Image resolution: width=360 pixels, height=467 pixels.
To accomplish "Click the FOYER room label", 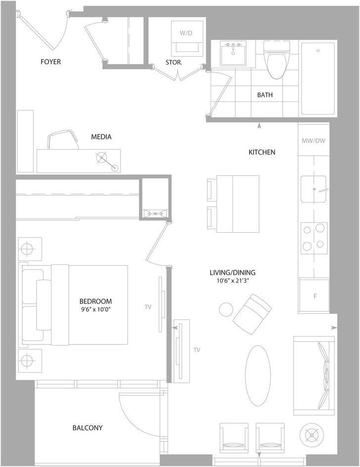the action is (50, 62).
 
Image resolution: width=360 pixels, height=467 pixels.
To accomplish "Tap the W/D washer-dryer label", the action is (186, 33).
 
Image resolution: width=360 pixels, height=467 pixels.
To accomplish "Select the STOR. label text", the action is (174, 63).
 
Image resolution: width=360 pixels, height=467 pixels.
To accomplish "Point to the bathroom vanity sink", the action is (233, 53).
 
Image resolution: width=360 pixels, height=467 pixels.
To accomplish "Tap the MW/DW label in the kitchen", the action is (314, 140).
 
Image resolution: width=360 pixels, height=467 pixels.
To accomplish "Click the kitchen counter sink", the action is (314, 189).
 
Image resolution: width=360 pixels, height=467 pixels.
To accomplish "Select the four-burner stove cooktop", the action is (314, 238).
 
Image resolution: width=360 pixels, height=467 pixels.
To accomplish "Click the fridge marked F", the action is (314, 296).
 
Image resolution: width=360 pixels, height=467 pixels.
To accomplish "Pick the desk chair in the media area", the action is (63, 139).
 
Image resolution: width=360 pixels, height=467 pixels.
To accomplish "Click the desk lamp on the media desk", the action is (107, 162).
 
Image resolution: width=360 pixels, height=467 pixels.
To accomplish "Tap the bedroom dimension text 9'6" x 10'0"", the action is (95, 309).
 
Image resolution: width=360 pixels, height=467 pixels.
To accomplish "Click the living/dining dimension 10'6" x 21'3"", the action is (232, 281).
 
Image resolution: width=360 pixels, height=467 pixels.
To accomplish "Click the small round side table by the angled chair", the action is (226, 309).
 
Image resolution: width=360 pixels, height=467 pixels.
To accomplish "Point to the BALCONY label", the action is (88, 427).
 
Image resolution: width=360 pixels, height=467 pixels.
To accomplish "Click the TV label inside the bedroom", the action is (148, 307).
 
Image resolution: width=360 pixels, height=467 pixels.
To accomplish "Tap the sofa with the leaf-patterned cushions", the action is (314, 376).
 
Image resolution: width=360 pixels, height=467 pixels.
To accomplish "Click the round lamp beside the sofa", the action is (312, 436).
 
